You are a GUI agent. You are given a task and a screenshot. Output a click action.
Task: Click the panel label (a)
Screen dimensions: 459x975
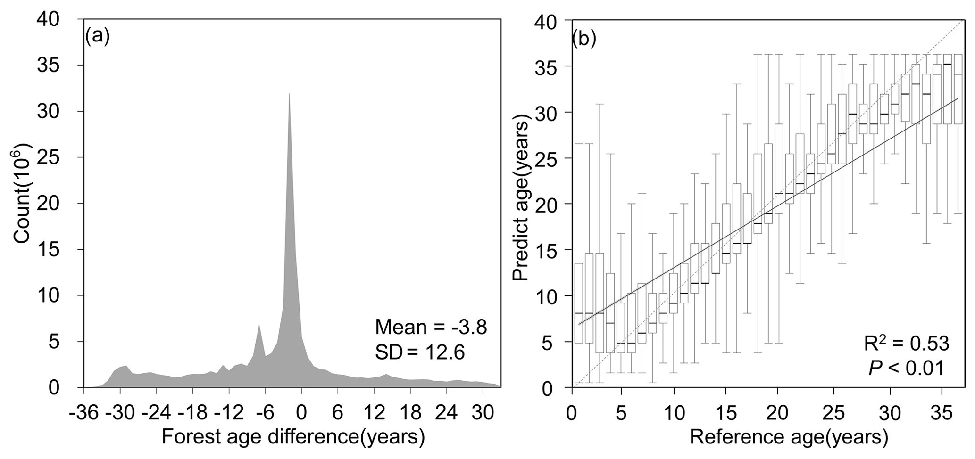coord(98,36)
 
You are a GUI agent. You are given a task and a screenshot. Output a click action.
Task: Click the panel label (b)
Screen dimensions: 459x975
coord(583,39)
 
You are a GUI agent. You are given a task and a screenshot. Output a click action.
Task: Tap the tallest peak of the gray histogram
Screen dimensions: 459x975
coord(289,95)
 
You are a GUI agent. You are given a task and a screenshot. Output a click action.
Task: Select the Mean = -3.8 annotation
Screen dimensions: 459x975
coord(431,327)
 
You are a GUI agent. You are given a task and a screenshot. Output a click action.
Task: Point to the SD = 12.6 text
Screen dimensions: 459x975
coord(420,352)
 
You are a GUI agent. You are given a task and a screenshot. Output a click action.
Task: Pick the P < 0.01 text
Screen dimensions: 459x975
coord(906,368)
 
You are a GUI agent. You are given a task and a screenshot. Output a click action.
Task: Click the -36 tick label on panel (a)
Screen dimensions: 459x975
coord(83,413)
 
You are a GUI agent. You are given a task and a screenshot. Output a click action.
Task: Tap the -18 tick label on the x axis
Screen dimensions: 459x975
coord(192,413)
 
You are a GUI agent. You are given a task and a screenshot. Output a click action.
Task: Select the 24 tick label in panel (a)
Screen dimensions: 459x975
coord(446,413)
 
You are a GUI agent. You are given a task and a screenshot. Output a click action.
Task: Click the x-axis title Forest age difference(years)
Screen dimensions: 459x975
coord(293,437)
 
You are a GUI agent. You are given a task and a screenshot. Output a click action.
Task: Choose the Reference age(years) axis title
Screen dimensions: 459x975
coord(789,437)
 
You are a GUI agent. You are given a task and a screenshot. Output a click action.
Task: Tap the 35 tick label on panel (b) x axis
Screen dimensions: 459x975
coord(942,413)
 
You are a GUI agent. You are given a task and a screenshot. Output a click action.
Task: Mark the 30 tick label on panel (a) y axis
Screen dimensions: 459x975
coord(50,111)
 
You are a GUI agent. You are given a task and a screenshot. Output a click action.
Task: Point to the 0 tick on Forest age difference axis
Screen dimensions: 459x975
coord(301,413)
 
